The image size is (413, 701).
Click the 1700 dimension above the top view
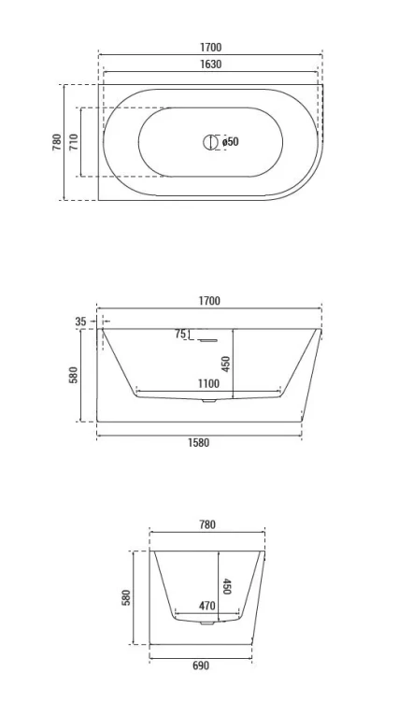210,48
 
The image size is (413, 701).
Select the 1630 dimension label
210,64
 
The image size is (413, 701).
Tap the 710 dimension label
74,142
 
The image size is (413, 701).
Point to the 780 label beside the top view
58,142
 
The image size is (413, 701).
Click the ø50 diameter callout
230,142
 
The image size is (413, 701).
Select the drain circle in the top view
209,142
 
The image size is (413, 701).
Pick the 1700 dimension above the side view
209,301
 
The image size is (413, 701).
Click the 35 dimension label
81,322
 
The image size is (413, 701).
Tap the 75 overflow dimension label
180,334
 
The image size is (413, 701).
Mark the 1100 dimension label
208,383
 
